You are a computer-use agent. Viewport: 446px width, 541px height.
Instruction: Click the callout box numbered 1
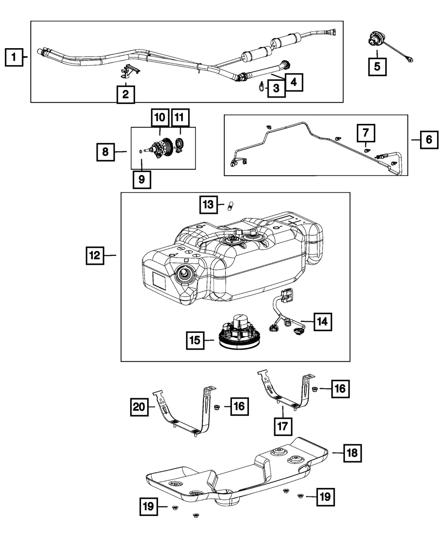point(14,57)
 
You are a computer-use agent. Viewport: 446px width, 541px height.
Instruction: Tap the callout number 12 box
point(95,255)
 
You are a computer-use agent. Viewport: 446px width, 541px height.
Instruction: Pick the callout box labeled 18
point(352,453)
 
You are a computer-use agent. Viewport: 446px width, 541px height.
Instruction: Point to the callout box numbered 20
point(140,406)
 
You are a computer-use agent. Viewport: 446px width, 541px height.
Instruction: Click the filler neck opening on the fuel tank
point(184,276)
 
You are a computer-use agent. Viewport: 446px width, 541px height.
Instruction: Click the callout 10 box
point(160,118)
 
